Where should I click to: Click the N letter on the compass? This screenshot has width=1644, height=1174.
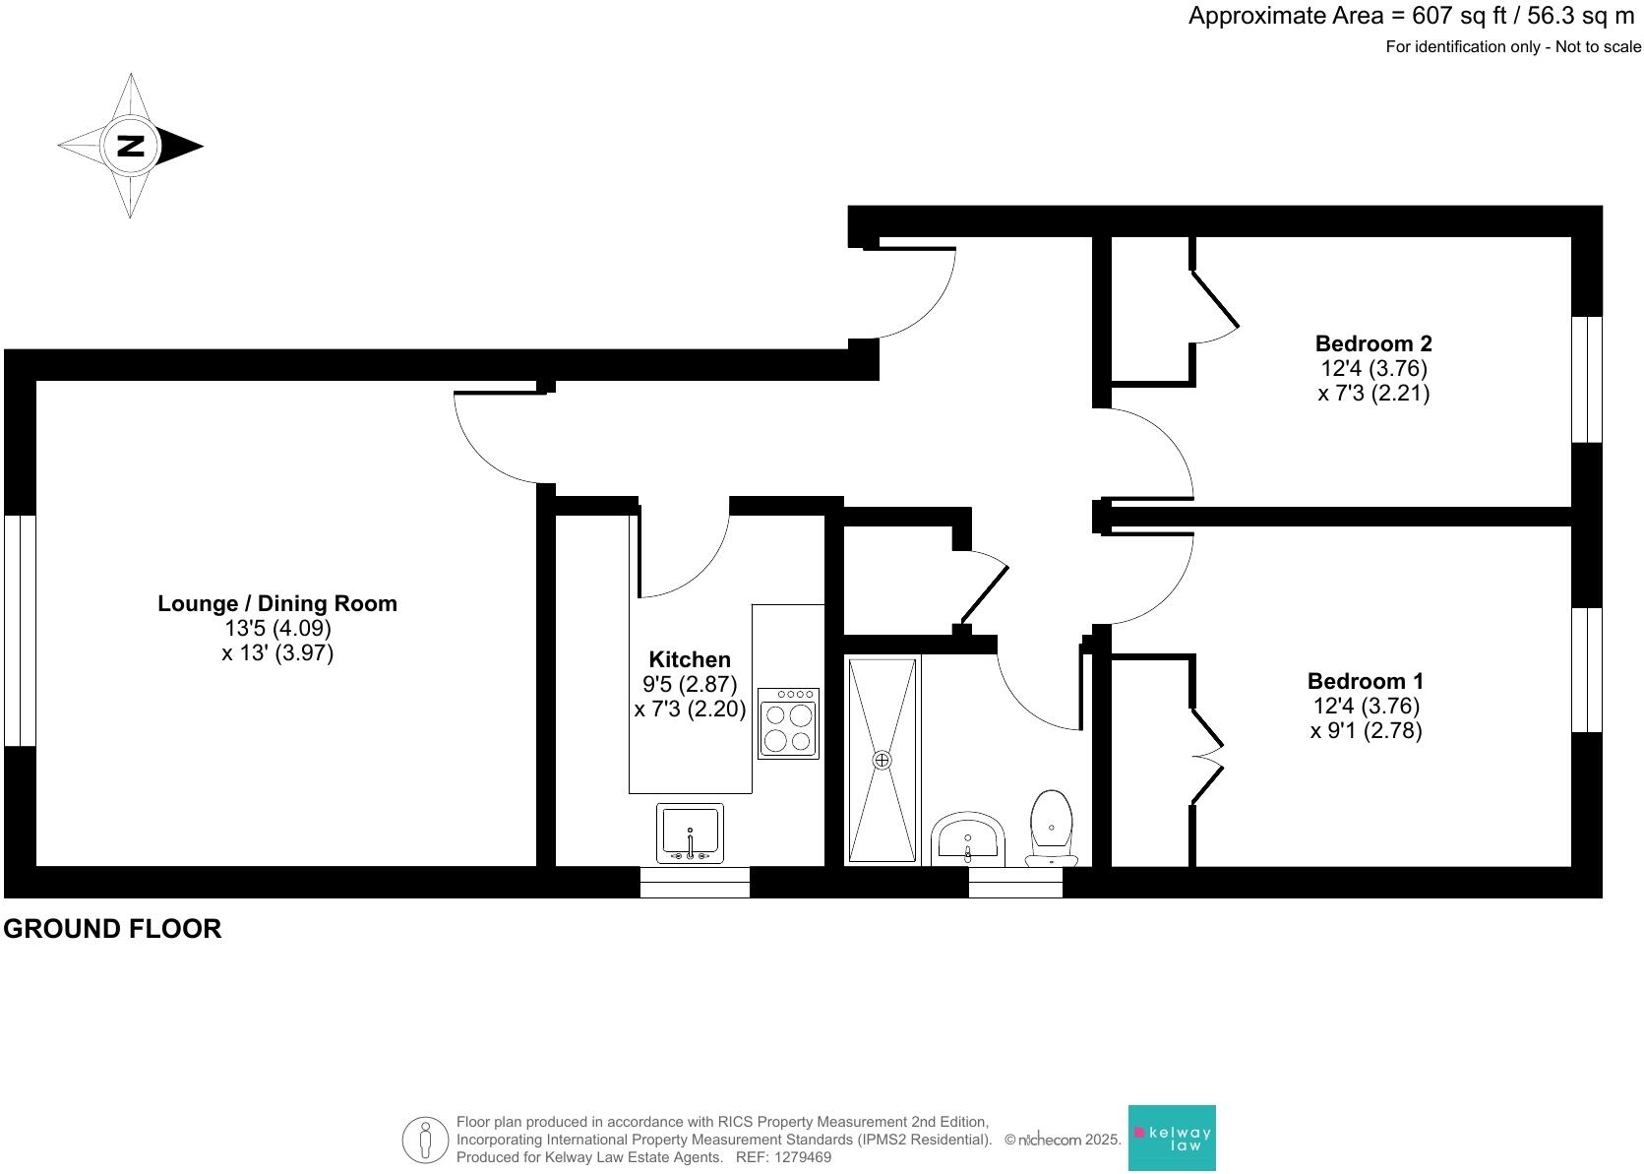coord(130,147)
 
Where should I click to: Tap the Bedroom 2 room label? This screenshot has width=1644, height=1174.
coord(1372,343)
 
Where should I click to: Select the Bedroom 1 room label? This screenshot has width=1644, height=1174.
coord(1365,681)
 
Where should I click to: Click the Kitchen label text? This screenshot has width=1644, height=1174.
coord(690,659)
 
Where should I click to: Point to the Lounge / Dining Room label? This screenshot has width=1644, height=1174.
coord(277,603)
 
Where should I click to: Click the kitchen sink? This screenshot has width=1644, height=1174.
coord(690,833)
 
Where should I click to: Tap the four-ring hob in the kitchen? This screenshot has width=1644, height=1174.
coord(788,723)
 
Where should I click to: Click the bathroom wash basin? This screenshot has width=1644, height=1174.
coord(968,838)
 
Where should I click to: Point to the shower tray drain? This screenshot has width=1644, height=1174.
coord(882,760)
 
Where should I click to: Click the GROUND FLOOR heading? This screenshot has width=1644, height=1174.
coord(112,928)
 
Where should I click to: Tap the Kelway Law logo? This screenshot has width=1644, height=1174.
coord(1171,1138)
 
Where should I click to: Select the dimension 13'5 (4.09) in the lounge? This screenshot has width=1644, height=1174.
coord(277,628)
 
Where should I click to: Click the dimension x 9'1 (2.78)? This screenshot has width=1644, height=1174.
coord(1366,731)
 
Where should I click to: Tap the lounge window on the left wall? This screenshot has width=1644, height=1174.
coord(20,630)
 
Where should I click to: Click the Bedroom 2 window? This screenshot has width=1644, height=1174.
coord(1586,379)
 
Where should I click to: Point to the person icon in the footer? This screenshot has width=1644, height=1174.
coord(425,1140)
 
